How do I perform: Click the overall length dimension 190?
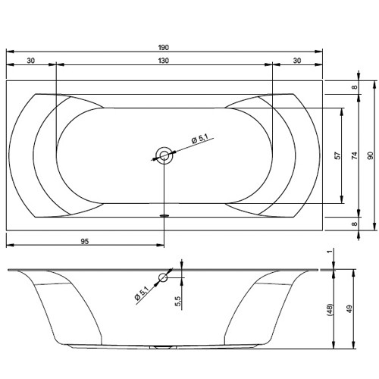tap(164, 47)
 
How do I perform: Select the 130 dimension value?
tap(164, 61)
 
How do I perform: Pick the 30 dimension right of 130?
tap(296, 61)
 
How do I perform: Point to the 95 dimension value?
tap(85, 240)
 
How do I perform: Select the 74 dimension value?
tap(354, 155)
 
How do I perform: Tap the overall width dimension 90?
tap(371, 155)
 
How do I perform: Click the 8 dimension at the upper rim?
tap(354, 89)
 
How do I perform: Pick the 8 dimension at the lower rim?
tap(354, 224)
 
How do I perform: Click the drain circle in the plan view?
tap(164, 156)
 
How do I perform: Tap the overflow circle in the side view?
tap(161, 278)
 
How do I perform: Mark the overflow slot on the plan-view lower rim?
tap(163, 215)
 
